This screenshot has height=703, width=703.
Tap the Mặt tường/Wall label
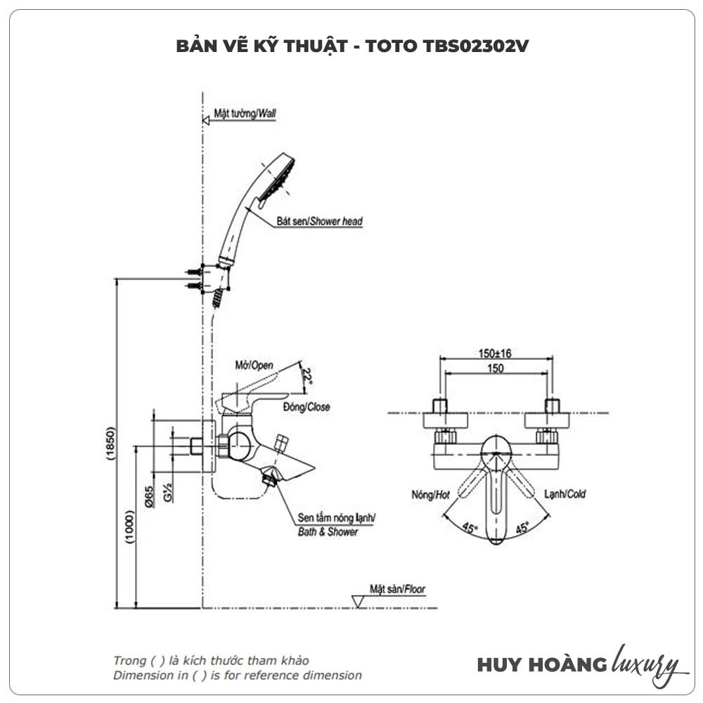click(x=245, y=113)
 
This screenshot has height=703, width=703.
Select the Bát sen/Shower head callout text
click(x=327, y=221)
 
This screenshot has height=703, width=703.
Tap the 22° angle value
click(x=307, y=378)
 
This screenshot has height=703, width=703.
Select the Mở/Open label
click(x=254, y=366)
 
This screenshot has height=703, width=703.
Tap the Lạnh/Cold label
click(x=565, y=494)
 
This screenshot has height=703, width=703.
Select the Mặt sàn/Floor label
click(x=397, y=590)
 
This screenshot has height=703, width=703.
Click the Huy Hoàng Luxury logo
click(x=578, y=664)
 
